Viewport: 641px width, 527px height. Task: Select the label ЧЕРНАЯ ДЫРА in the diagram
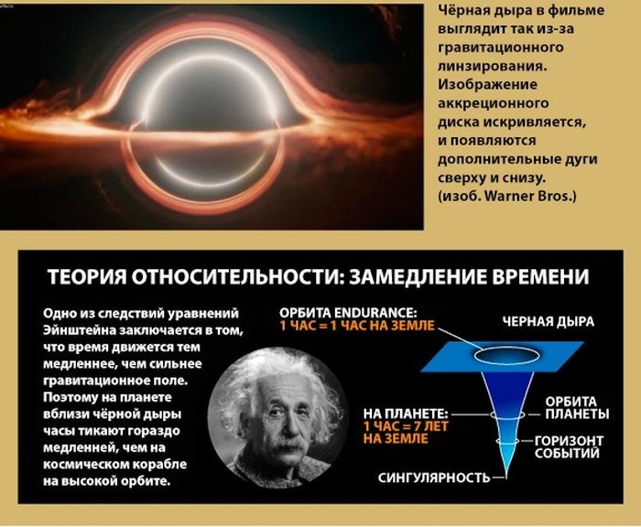549,322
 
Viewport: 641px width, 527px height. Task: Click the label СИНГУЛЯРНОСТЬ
434,478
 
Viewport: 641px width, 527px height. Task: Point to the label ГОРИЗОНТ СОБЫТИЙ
569,446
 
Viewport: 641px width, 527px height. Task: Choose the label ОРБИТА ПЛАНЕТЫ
577,408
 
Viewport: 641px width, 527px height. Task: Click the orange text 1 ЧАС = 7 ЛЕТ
406,426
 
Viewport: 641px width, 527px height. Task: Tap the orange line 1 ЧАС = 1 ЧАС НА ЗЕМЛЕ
357,326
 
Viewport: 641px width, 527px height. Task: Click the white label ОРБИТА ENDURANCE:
348,313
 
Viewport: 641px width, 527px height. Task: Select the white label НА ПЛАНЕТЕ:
406,414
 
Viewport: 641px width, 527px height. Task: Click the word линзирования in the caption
493,66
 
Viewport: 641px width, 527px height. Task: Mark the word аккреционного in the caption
493,103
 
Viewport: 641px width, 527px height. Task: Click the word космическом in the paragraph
85,465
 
